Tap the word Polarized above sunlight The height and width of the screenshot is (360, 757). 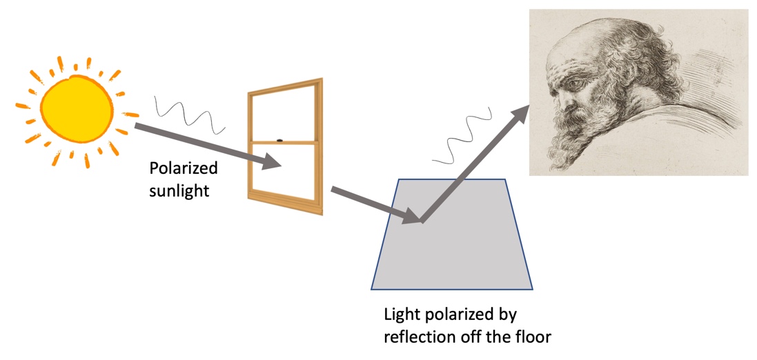[x=184, y=169]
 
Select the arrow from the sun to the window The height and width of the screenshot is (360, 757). [x=207, y=146]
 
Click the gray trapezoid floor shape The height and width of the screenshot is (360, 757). [x=452, y=255]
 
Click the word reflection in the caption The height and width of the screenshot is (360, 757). [x=417, y=337]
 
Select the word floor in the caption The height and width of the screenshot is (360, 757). [x=532, y=337]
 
